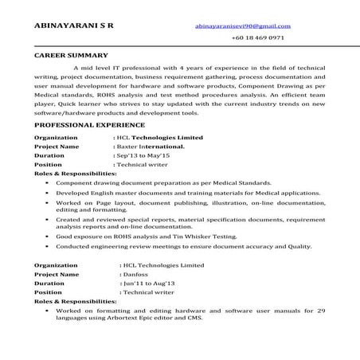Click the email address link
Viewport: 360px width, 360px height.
tap(241, 25)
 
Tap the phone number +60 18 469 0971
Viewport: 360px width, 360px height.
tap(256, 37)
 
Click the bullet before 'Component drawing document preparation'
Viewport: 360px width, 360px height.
tap(47, 182)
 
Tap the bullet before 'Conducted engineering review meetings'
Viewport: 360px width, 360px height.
tap(47, 248)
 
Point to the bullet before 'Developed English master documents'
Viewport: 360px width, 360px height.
tap(47, 193)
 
